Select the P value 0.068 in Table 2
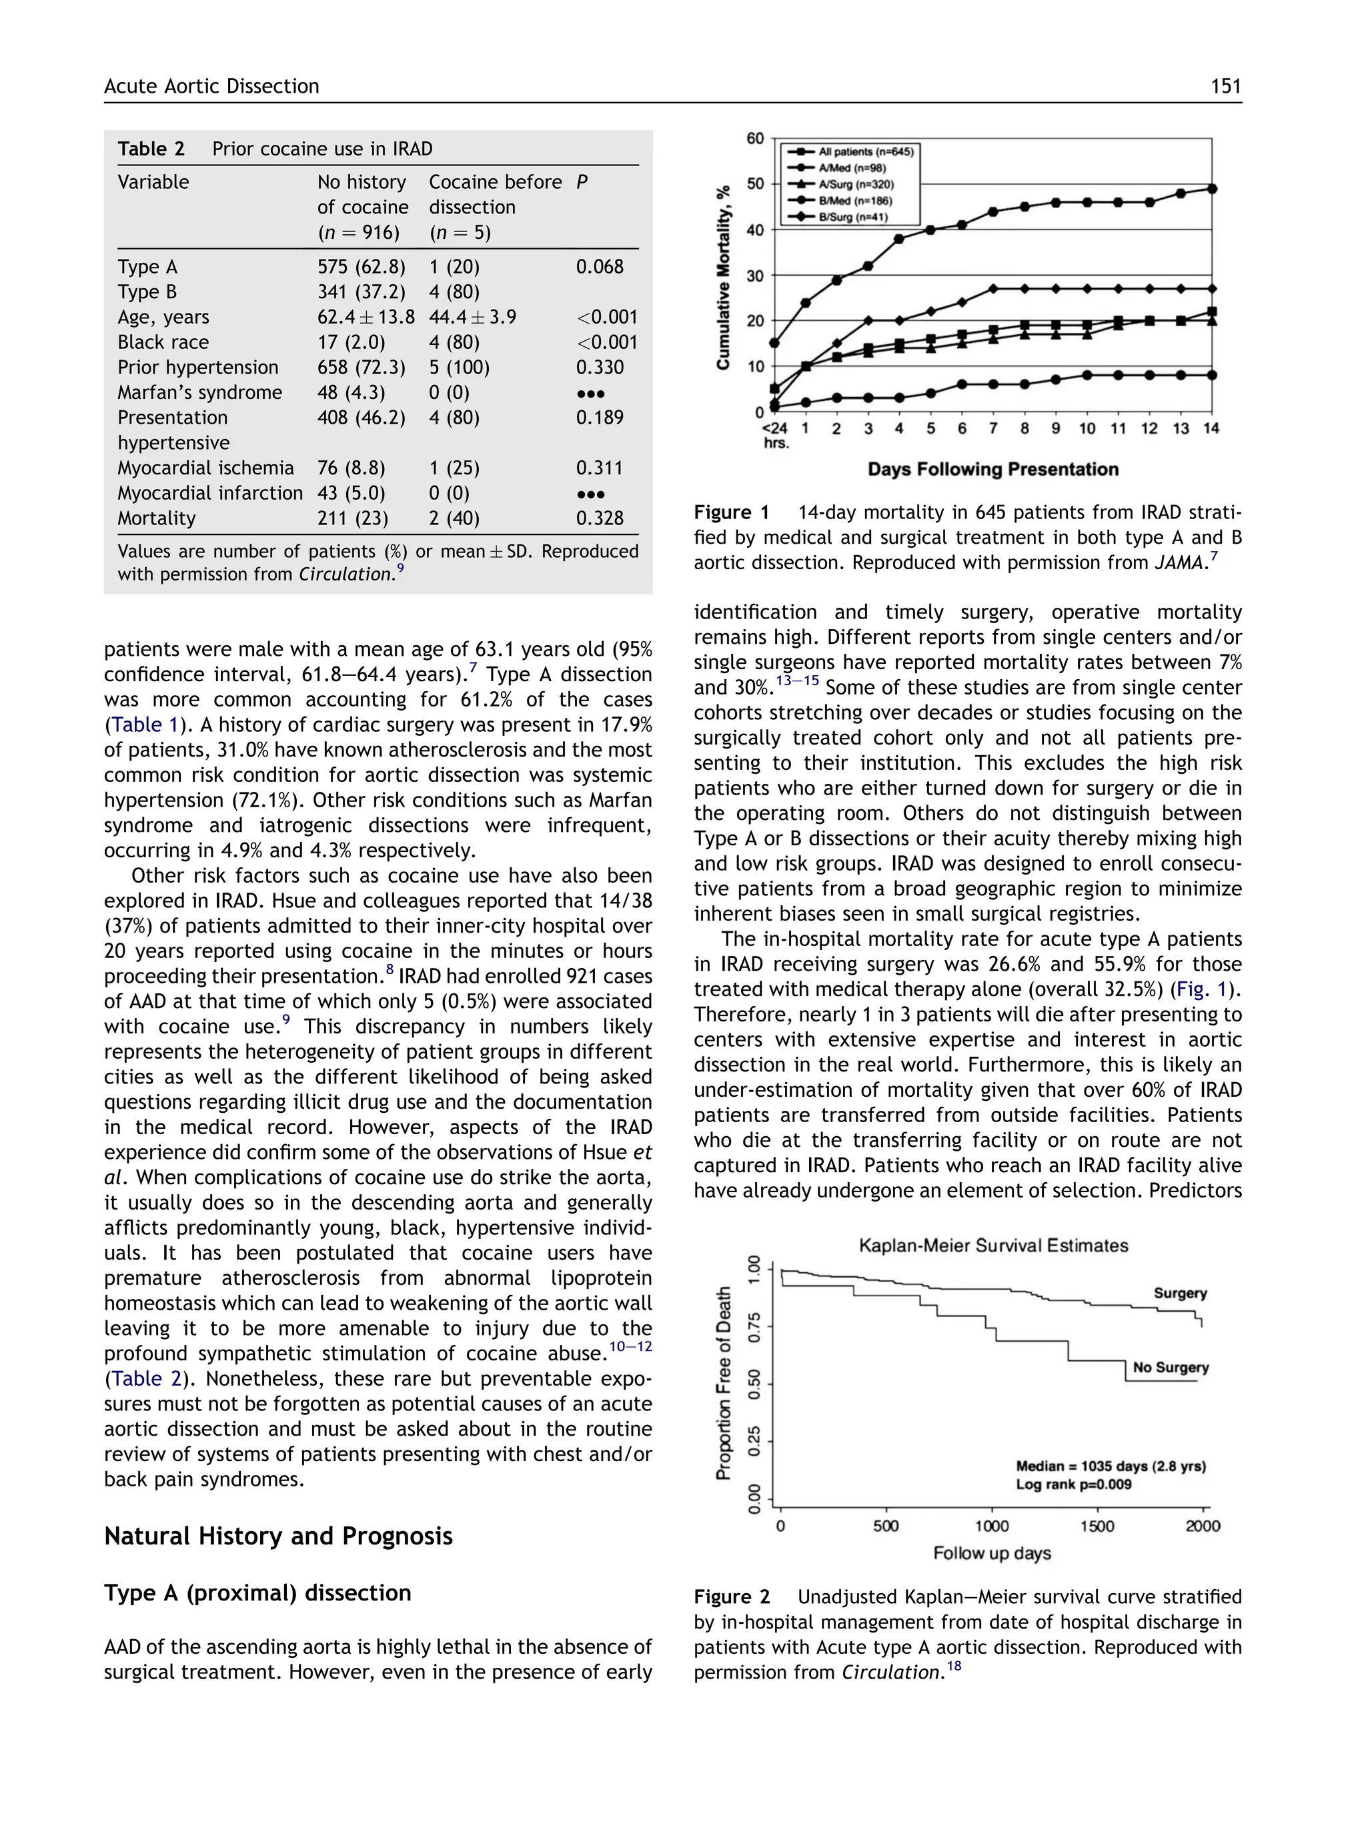(600, 267)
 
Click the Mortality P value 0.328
(600, 519)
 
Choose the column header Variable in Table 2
(153, 182)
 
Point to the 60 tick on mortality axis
(755, 138)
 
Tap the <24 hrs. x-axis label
(775, 435)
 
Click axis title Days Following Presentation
(992, 470)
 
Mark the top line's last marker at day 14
(1212, 189)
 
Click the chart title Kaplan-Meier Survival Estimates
(993, 1246)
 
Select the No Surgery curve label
(1170, 1367)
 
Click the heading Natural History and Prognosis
(278, 1536)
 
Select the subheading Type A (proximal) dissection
(257, 1593)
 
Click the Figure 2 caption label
(731, 1597)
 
